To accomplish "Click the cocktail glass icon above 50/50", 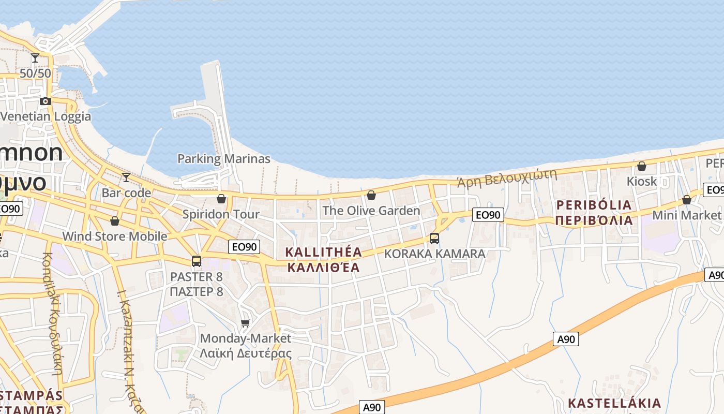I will (35, 58).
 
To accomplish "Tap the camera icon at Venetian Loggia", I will (46, 101).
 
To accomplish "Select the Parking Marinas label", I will (223, 159).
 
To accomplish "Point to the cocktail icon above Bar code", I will (126, 178).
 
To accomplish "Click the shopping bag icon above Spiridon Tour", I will (221, 199).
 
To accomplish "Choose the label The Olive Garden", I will (371, 211).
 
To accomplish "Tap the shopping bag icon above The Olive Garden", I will (371, 195).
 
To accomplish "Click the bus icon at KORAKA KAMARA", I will (434, 238).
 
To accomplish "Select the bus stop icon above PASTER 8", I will (197, 261).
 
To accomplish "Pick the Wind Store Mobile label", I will (114, 236).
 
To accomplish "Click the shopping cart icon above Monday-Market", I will (246, 323).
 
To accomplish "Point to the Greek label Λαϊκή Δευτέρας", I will (246, 353).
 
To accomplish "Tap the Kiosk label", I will (641, 181).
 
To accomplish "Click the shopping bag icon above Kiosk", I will (641, 166).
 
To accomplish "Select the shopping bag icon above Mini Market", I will (687, 200).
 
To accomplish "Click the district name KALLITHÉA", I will (324, 252).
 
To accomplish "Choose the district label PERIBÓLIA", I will (594, 205).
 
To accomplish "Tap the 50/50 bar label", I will (35, 73).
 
